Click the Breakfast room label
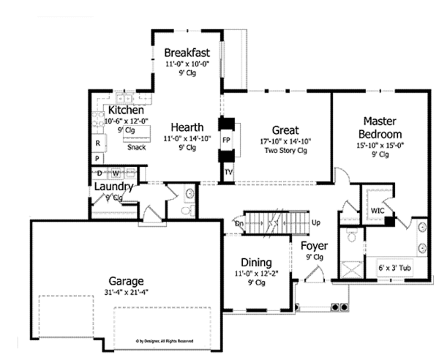pos(187,53)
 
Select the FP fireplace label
pos(227,139)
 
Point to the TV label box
pos(228,173)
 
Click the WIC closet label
pos(378,211)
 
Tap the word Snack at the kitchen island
pos(136,147)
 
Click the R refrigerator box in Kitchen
pos(97,143)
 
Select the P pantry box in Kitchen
pos(97,157)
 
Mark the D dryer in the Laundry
pos(100,173)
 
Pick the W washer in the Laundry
pos(116,173)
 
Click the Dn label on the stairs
pos(239,222)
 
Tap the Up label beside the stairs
pos(316,222)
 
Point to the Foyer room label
pos(314,245)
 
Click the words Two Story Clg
pos(285,150)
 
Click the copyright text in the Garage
pos(164,341)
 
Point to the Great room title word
pos(284,129)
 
